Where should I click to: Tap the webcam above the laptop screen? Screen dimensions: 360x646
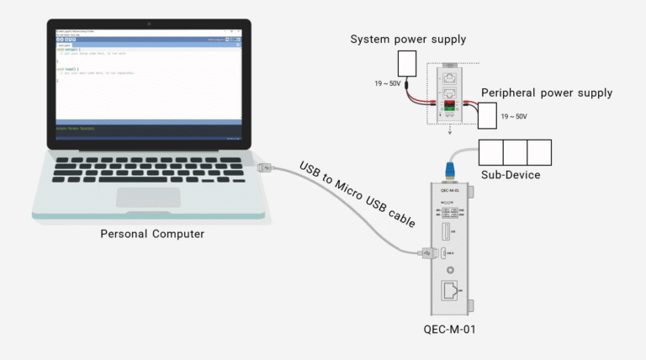148,23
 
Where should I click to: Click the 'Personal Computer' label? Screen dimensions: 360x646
151,234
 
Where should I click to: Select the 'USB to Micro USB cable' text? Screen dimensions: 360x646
357,194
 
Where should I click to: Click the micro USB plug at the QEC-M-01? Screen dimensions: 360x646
426,251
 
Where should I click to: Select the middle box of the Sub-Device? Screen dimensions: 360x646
515,152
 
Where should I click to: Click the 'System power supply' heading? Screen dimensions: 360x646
408,40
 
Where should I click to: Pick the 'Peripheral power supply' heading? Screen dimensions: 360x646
546,93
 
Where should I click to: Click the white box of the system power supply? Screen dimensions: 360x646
406,63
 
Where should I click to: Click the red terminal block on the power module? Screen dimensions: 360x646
448,103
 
